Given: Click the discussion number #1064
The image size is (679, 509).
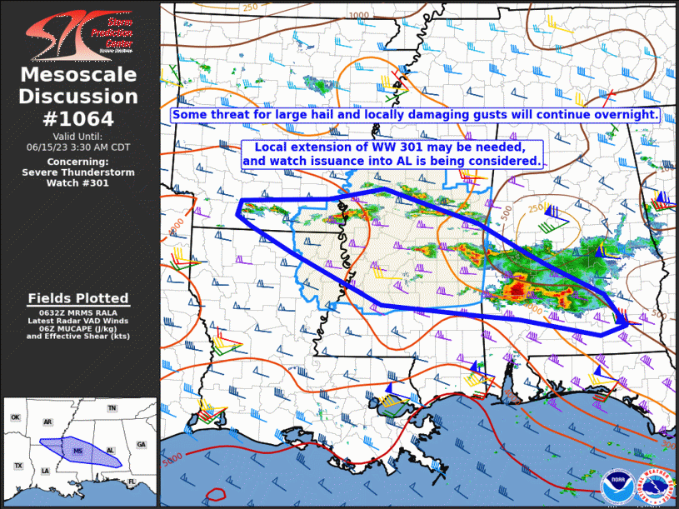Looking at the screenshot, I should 78,118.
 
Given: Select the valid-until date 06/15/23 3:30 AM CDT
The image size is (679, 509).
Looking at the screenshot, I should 78,146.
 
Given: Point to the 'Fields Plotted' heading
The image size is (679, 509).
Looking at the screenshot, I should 78,298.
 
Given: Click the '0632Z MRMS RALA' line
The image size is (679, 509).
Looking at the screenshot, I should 78,312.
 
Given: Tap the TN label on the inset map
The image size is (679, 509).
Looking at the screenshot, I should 112,408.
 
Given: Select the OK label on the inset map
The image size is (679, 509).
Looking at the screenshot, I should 15,417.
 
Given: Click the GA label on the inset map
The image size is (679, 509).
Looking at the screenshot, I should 141,444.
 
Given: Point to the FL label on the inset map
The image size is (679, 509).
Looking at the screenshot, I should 131,482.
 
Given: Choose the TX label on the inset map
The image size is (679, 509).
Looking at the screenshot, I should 17,465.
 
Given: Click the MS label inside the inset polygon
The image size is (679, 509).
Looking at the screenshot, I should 78,450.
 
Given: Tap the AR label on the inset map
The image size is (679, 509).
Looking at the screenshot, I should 47,422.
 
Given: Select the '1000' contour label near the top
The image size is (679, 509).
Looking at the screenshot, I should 359,15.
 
